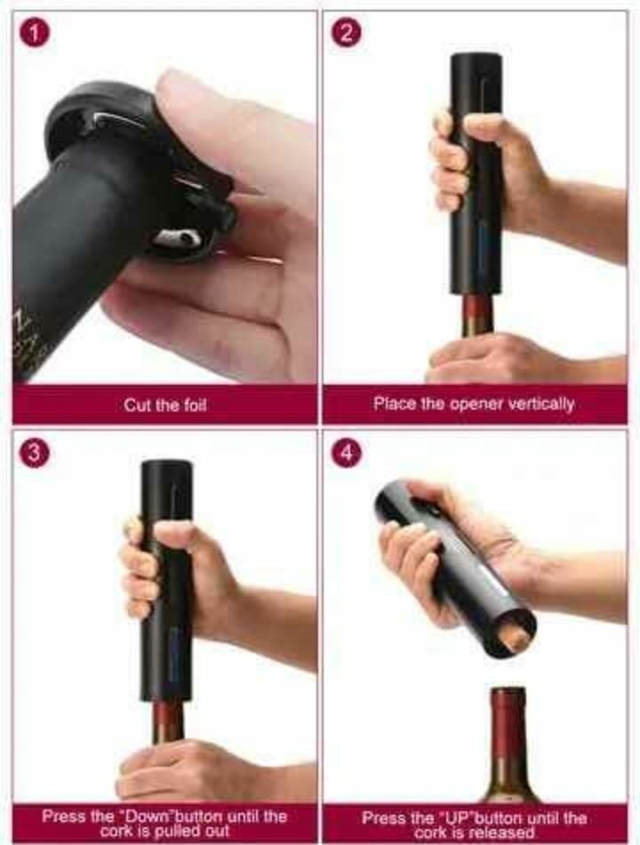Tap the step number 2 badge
pyautogui.click(x=347, y=34)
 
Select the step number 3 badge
pyautogui.click(x=34, y=452)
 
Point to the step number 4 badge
pyautogui.click(x=347, y=452)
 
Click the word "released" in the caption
pyautogui.click(x=503, y=833)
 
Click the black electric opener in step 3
pyautogui.click(x=166, y=586)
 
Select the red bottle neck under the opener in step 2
pyautogui.click(x=478, y=316)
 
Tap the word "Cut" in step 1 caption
pyautogui.click(x=139, y=405)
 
